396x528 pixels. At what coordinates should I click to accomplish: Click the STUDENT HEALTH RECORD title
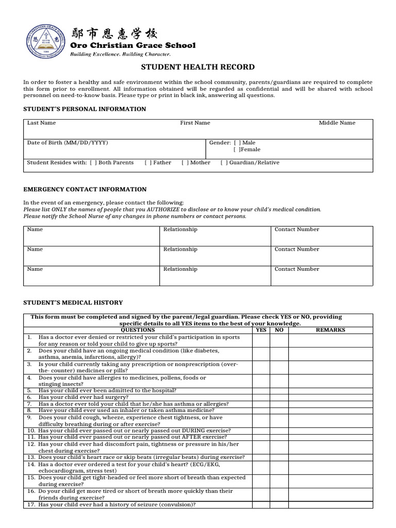pyautogui.click(x=198, y=67)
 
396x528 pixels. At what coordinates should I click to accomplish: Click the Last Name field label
pyautogui.click(x=41, y=123)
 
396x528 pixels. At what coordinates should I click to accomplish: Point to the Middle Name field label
pyautogui.click(x=337, y=123)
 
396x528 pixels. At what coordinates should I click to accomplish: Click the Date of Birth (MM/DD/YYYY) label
pyautogui.click(x=68, y=143)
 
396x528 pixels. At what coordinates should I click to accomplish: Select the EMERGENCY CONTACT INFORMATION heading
pyautogui.click(x=85, y=189)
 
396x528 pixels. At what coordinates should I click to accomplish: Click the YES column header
pyautogui.click(x=261, y=330)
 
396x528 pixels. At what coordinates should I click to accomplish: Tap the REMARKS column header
pyautogui.click(x=331, y=330)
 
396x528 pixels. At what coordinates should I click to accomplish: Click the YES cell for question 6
pyautogui.click(x=261, y=398)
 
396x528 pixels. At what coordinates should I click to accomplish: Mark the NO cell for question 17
pyautogui.click(x=279, y=505)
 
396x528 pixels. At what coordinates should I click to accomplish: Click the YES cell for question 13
pyautogui.click(x=261, y=457)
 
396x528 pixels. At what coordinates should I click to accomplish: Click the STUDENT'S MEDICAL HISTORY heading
pyautogui.click(x=73, y=303)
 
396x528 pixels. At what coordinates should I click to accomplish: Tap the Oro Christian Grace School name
pyautogui.click(x=133, y=45)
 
